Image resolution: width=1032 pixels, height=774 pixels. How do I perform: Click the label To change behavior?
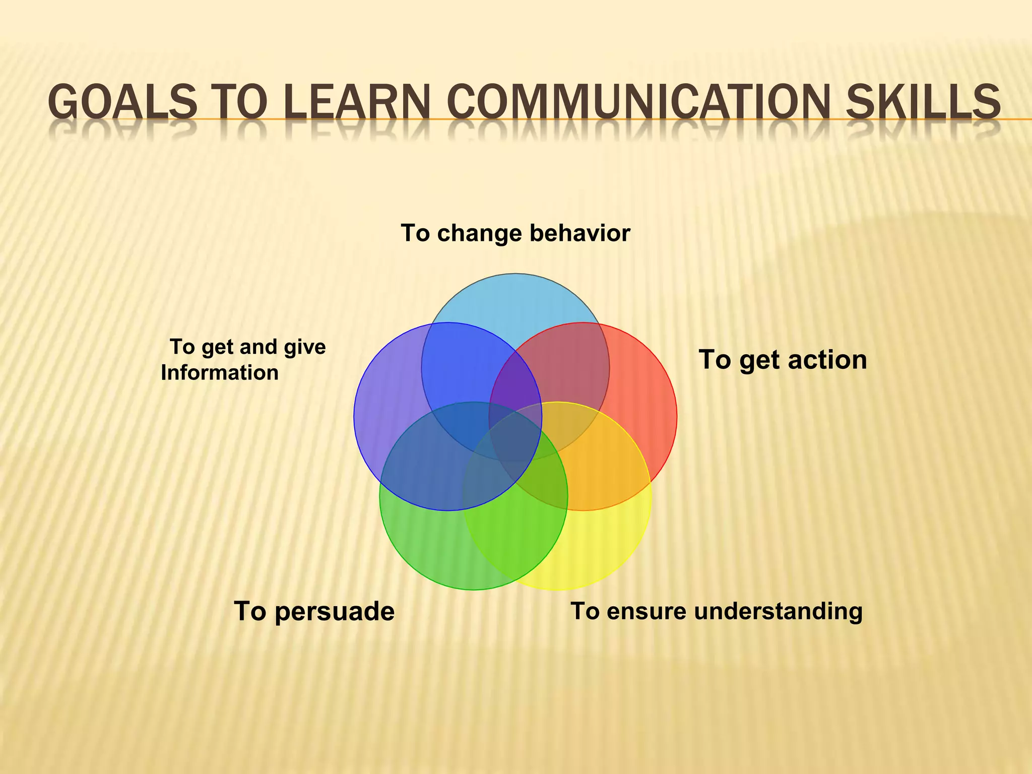[515, 233]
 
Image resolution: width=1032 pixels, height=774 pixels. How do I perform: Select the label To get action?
[782, 360]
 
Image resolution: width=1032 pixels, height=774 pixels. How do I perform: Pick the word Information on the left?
[220, 373]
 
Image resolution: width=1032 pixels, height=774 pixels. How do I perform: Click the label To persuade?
[314, 611]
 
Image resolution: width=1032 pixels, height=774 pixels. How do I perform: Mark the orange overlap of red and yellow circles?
[600, 464]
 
